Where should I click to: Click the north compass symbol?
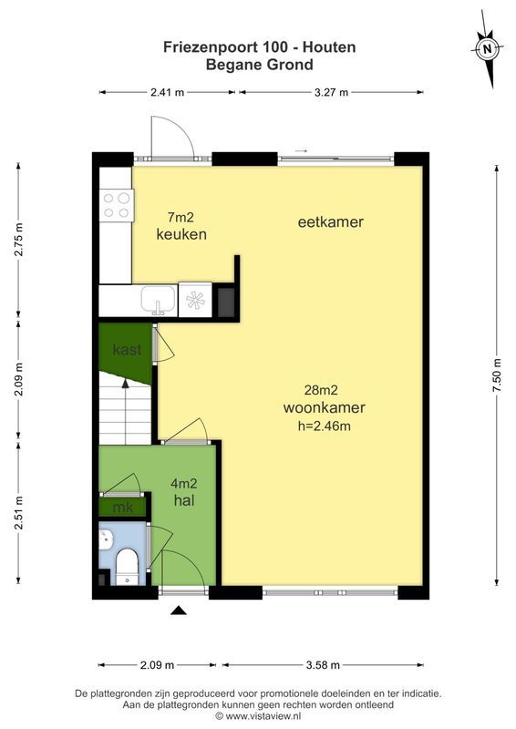point(488,47)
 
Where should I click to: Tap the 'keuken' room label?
point(181,234)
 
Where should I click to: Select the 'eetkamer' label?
point(330,221)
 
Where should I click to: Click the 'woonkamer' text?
point(317,407)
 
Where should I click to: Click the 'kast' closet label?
point(125,350)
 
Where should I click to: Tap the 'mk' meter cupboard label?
point(122,507)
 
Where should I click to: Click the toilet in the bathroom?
point(126,565)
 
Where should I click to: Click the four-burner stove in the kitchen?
point(117,205)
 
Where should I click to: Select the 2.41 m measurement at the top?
point(168,92)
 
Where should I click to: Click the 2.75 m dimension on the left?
point(18,241)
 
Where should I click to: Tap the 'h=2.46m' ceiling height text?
point(317,425)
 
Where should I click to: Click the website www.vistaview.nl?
point(269,716)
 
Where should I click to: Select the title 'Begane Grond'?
point(259,65)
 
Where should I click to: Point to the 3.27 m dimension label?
point(331,92)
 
